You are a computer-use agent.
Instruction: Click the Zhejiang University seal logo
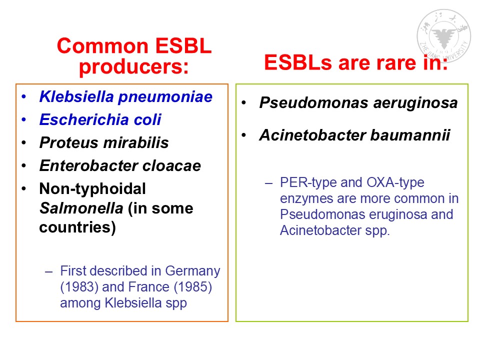pos(443,35)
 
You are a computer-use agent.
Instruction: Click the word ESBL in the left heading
pos(183,46)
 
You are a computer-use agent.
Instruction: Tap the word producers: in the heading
pos(134,66)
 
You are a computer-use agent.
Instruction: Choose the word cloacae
pos(171,165)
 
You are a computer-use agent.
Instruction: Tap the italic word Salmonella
pos(81,208)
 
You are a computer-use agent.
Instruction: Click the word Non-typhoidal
pos(92,189)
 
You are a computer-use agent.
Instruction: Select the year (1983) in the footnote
pos(79,287)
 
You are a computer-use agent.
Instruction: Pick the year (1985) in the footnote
pos(193,287)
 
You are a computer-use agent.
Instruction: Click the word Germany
pos(192,271)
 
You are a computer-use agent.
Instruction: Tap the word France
pos(149,287)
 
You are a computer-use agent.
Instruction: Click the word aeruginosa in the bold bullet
pos(415,103)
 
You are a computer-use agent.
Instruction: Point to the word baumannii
pos(410,135)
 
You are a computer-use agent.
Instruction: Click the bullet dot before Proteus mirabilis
pos(24,142)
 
